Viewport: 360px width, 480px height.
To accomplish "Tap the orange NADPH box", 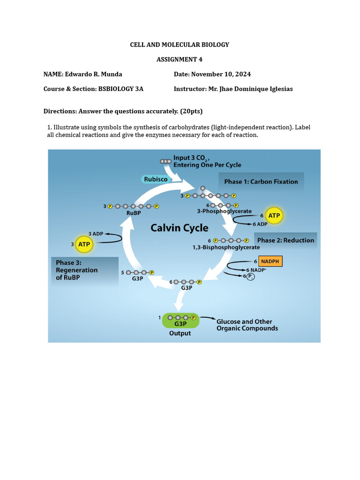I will [270, 261].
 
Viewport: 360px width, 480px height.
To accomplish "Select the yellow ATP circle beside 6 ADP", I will [274, 216].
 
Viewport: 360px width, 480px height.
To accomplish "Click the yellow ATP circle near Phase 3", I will [85, 244].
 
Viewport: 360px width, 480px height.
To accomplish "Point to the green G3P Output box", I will [180, 321].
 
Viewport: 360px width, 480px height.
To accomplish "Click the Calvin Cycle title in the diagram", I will [179, 228].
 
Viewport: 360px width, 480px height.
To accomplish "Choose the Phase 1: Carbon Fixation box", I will [261, 181].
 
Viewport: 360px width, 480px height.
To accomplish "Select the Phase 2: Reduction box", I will [285, 240].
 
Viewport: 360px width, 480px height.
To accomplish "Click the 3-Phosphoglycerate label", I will [224, 211].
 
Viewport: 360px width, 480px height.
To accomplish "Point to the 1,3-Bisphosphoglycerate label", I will [226, 247].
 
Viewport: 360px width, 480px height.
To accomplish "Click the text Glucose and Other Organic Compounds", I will [247, 325].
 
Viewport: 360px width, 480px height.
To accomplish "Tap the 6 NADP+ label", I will [256, 270].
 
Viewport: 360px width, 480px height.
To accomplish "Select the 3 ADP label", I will [96, 233].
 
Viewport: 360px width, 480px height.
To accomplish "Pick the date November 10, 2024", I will [222, 74].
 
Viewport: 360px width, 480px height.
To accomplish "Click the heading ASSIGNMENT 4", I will [180, 60].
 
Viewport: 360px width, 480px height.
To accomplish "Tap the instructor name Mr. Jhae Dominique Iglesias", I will [250, 89].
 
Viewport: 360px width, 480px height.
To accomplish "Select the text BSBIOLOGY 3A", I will [121, 89].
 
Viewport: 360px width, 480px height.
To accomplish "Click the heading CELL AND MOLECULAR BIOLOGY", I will [180, 45].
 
